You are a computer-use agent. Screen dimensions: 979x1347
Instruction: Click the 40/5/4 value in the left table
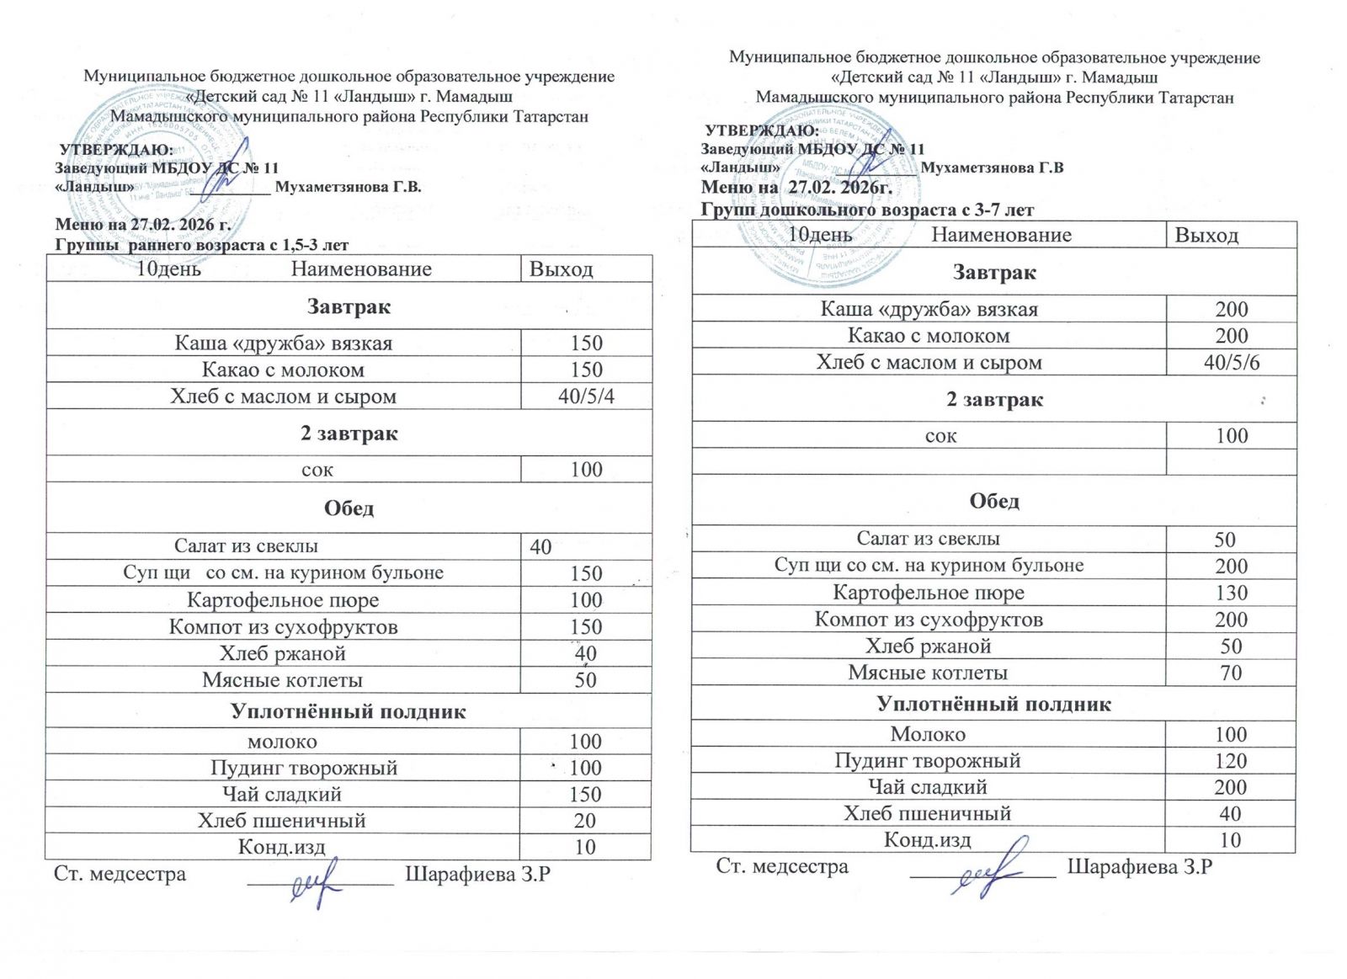click(586, 396)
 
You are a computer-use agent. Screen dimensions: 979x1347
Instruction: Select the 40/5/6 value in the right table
click(1232, 363)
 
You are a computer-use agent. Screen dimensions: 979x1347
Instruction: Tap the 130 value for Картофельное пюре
click(1231, 593)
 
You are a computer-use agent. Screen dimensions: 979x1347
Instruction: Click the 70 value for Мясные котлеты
click(1231, 673)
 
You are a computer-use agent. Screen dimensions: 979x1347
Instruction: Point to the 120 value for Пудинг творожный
click(1230, 761)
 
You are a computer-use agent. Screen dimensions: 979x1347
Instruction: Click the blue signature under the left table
click(317, 881)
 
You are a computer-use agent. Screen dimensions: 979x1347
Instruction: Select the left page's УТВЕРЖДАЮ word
click(116, 150)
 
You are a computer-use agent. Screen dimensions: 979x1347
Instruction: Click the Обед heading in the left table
click(349, 508)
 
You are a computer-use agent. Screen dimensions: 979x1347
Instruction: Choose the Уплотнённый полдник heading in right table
click(993, 704)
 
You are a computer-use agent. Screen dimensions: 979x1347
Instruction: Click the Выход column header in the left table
click(561, 269)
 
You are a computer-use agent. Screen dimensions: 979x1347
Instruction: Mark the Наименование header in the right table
click(1001, 235)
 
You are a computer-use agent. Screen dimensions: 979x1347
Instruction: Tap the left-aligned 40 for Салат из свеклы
click(540, 547)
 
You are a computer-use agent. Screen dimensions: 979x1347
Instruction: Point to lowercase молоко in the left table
click(282, 742)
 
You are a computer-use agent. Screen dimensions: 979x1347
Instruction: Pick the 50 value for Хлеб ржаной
click(1231, 646)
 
